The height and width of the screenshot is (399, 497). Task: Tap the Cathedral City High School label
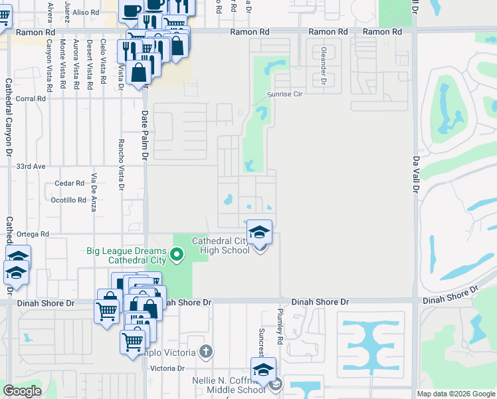pos(221,245)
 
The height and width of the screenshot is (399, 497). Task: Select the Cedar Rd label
pos(70,183)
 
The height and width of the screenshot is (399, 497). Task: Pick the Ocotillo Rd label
pos(68,199)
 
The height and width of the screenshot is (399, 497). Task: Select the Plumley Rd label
pos(281,327)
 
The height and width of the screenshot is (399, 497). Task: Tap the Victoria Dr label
pos(167,368)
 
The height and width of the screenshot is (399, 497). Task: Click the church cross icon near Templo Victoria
pos(206,351)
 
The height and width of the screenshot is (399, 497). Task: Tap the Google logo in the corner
pos(22,391)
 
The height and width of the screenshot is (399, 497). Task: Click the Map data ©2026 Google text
pos(455,394)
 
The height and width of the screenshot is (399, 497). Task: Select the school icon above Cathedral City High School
pos(260,232)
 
